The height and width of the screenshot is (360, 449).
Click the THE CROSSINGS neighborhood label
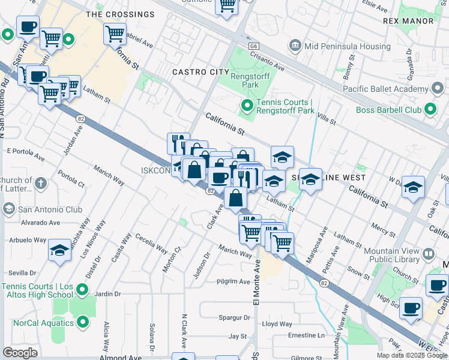(x=120, y=14)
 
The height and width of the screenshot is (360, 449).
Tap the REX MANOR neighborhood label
(x=408, y=21)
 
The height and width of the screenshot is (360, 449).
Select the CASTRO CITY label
(x=201, y=72)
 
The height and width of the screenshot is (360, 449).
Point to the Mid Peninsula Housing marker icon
(x=295, y=45)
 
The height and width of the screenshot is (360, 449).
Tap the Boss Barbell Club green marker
(x=430, y=110)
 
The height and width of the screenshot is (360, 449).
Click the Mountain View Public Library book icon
(x=429, y=254)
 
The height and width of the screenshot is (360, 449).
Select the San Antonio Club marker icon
(x=9, y=209)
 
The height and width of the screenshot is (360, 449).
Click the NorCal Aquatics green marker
(x=83, y=323)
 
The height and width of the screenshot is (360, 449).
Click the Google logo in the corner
(x=20, y=353)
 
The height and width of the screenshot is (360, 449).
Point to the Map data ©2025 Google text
(x=412, y=355)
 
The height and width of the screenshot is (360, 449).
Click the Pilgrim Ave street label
(x=234, y=281)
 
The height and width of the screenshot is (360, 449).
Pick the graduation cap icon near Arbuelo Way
(x=60, y=252)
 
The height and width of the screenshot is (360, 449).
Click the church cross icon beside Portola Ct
(x=40, y=182)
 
